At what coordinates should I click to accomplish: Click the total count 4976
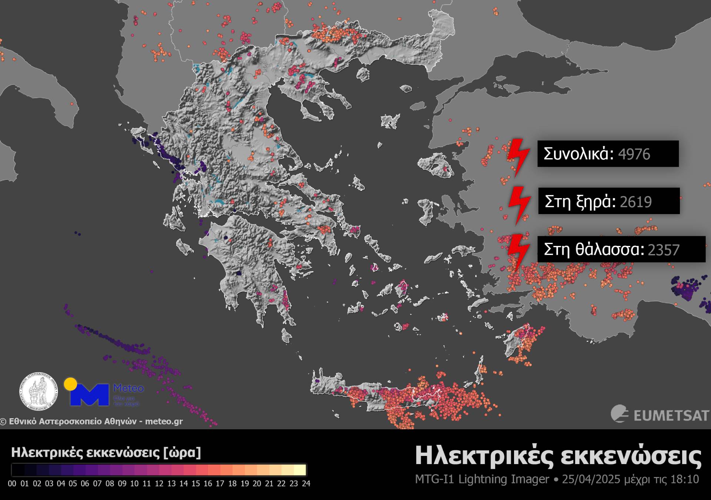pyautogui.click(x=634, y=154)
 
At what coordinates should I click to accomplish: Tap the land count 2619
pyautogui.click(x=635, y=202)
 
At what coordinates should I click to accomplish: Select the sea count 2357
pyautogui.click(x=664, y=250)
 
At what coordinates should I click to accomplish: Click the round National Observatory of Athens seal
pyautogui.click(x=39, y=391)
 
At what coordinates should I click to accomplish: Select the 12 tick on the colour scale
pyautogui.click(x=159, y=484)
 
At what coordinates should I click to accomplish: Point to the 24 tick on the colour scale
pyautogui.click(x=306, y=484)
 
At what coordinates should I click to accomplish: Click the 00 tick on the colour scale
pyautogui.click(x=12, y=484)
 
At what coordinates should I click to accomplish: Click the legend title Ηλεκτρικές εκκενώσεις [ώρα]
pyautogui.click(x=106, y=453)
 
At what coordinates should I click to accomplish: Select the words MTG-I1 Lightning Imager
pyautogui.click(x=482, y=479)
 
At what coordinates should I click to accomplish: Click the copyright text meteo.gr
pyautogui.click(x=164, y=421)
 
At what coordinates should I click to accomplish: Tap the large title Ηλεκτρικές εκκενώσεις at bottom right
pyautogui.click(x=558, y=456)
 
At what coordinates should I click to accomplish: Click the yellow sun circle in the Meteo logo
pyautogui.click(x=70, y=384)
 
